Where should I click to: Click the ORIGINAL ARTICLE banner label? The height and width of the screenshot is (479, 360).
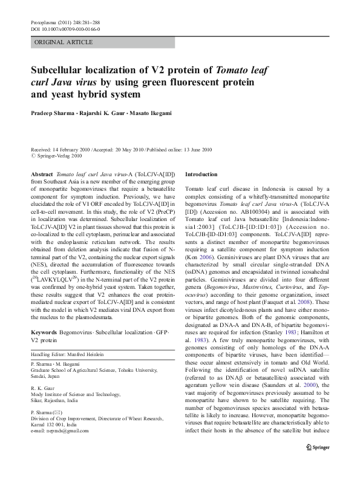point(64,42)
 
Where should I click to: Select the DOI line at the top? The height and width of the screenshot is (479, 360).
point(65,28)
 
